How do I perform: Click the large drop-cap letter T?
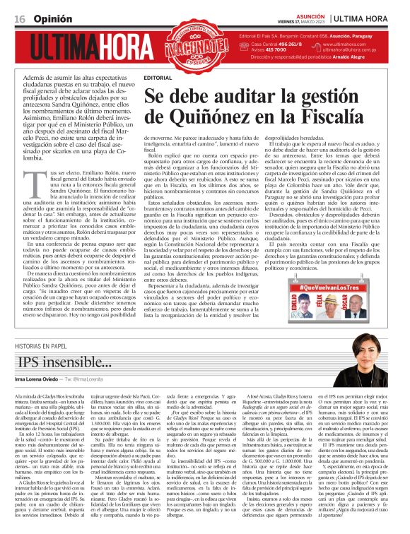click(x=42, y=182)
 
